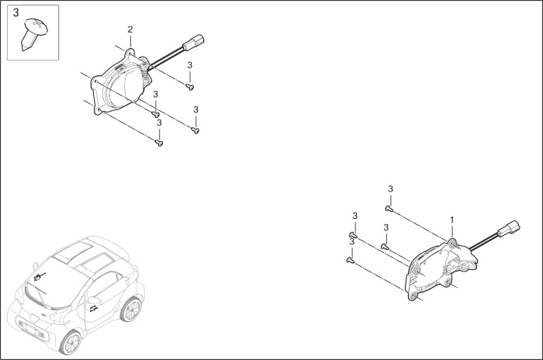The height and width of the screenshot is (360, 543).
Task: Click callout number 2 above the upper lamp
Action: tap(130, 29)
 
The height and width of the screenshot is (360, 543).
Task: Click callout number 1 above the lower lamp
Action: tap(452, 220)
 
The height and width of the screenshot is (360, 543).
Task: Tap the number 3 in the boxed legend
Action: tap(16, 13)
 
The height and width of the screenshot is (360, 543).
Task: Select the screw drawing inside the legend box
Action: tap(33, 35)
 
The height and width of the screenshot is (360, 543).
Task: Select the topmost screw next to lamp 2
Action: tap(190, 88)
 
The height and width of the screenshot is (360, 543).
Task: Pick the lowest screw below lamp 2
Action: tap(159, 142)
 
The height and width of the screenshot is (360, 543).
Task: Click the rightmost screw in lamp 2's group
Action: tap(195, 130)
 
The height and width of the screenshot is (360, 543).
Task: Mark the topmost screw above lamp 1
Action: tap(389, 208)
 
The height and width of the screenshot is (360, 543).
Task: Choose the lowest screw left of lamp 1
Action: tap(351, 261)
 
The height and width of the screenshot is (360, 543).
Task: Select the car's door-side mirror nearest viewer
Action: tap(94, 299)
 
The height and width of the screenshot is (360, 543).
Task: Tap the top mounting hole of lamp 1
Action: tap(452, 242)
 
